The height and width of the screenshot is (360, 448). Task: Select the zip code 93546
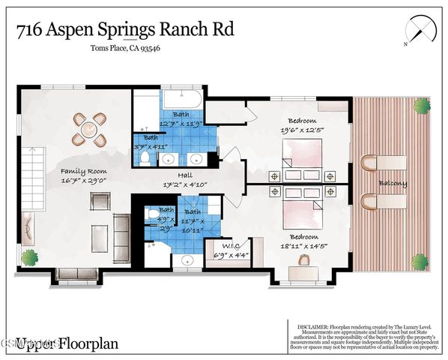pyautogui.click(x=148, y=48)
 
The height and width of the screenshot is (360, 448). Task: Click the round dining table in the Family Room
pyautogui.click(x=88, y=130)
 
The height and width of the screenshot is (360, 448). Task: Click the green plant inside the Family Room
pyautogui.click(x=30, y=257)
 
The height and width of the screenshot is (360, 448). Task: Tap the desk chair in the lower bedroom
pyautogui.click(x=304, y=260)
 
